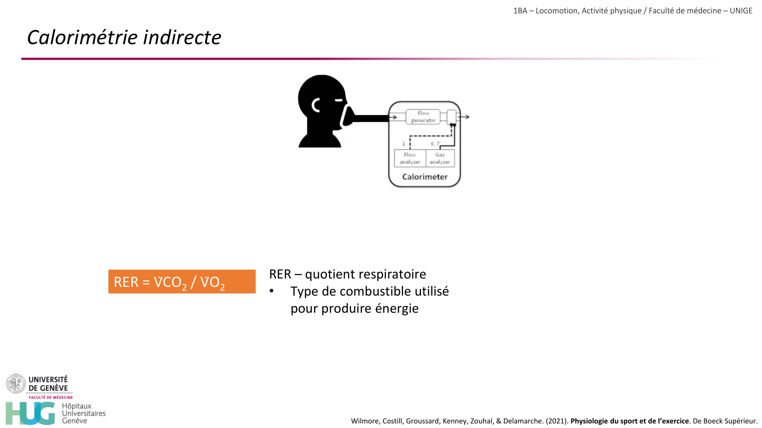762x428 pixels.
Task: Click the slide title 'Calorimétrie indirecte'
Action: click(x=124, y=37)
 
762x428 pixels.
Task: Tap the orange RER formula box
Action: click(x=182, y=282)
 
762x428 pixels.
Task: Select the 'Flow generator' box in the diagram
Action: click(x=423, y=117)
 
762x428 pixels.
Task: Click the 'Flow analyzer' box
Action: click(x=410, y=158)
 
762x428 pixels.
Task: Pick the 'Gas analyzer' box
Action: click(x=440, y=158)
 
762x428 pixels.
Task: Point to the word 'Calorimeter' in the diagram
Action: click(x=425, y=177)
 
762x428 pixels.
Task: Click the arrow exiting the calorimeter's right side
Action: click(x=463, y=117)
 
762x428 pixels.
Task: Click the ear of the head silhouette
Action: click(x=316, y=105)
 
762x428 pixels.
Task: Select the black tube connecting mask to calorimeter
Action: click(x=371, y=118)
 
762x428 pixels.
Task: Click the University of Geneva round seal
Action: click(x=16, y=383)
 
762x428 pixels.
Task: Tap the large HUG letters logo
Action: click(x=30, y=413)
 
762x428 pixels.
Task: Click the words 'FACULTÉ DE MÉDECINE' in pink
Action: click(x=51, y=397)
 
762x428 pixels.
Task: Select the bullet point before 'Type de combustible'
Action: click(x=272, y=291)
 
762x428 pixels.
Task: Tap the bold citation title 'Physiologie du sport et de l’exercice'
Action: click(x=629, y=421)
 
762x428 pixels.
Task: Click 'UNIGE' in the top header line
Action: click(x=741, y=11)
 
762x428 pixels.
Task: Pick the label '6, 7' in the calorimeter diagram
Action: click(x=435, y=144)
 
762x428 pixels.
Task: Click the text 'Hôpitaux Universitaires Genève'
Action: click(x=84, y=413)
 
